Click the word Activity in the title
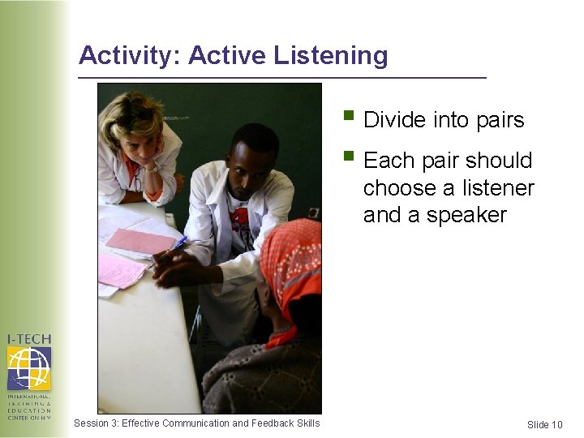(x=130, y=56)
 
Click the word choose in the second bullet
(x=399, y=188)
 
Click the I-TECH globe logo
(x=28, y=369)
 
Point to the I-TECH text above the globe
(x=28, y=338)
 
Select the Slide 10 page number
(x=544, y=425)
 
